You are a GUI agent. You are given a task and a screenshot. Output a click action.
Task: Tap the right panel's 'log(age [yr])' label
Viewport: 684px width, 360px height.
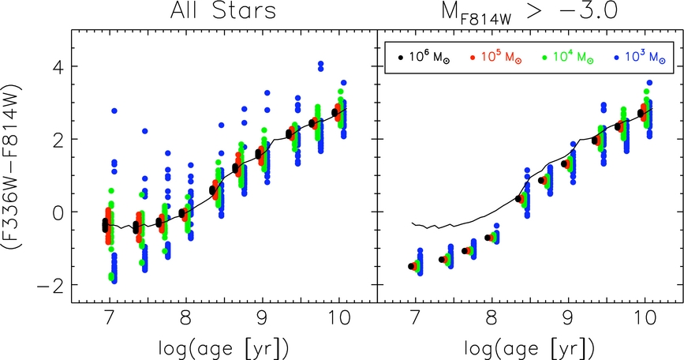point(530,346)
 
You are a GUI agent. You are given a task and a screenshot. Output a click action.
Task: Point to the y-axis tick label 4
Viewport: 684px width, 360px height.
point(57,66)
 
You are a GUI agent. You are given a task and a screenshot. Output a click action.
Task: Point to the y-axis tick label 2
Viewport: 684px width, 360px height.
point(57,138)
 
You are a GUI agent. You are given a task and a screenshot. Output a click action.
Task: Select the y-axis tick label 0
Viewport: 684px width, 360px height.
point(57,212)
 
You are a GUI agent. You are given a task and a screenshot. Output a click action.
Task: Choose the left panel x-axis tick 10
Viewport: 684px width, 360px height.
point(339,319)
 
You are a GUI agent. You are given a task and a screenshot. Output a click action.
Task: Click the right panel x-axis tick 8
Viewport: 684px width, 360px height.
point(492,319)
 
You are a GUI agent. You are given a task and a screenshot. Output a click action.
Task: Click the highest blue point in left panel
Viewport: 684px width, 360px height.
point(320,64)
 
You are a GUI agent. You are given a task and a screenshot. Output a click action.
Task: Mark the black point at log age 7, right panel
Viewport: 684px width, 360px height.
point(411,267)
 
